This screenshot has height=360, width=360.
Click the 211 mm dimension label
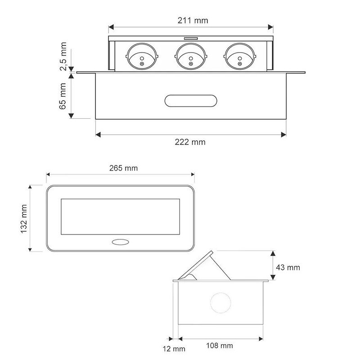click(x=193, y=20)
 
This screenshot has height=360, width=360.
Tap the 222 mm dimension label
click(x=190, y=142)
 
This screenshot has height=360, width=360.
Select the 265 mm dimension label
click(x=123, y=168)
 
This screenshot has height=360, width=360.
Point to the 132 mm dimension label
click(x=24, y=219)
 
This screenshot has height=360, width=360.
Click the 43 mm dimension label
click(x=288, y=267)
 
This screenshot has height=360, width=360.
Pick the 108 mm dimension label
click(x=220, y=346)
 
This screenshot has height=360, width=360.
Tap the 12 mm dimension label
click(x=174, y=349)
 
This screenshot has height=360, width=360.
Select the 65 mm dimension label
click(x=63, y=96)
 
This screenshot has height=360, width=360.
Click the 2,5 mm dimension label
click(x=63, y=56)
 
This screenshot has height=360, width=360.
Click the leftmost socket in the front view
click(x=142, y=56)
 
